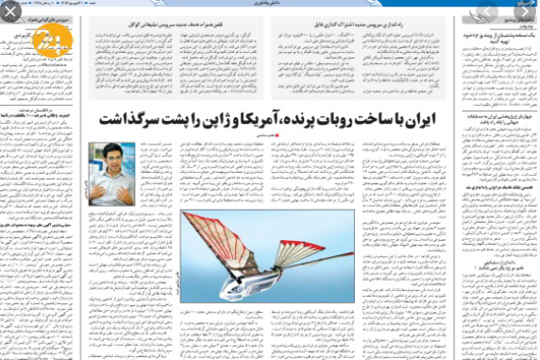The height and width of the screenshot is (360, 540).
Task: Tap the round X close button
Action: [x=8, y=8]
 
